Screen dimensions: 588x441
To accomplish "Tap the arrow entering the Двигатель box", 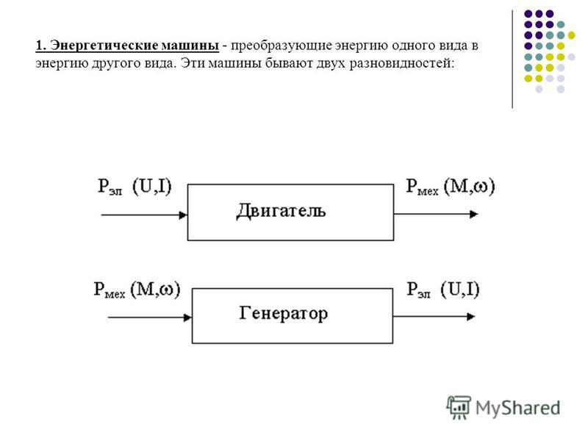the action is coord(144,215).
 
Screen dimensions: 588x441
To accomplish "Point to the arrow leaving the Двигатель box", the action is coord(436,214).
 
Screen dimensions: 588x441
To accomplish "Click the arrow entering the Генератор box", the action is coord(150,318).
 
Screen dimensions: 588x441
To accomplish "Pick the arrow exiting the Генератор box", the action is coord(434,317).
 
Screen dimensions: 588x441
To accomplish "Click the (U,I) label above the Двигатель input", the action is coord(152,187).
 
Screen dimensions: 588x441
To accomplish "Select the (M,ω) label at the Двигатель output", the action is coord(470,187).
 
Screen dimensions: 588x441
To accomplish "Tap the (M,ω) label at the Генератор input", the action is coord(155,290).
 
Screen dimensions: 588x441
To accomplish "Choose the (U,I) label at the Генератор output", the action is coord(460,290).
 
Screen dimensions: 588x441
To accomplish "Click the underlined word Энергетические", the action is coord(104,46).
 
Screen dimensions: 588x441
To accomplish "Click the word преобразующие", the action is coord(282,46).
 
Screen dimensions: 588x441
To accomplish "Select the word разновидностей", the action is coord(401,63).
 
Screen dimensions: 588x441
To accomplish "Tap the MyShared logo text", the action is coord(518,408).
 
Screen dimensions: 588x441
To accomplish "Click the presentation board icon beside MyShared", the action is coord(459,407).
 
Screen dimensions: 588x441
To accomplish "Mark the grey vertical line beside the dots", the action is coord(512,60).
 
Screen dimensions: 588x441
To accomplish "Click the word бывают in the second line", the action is coord(289,63).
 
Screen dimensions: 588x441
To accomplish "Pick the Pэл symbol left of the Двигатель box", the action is coord(110,187).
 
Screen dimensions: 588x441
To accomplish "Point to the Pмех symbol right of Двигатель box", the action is coord(422,187).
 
